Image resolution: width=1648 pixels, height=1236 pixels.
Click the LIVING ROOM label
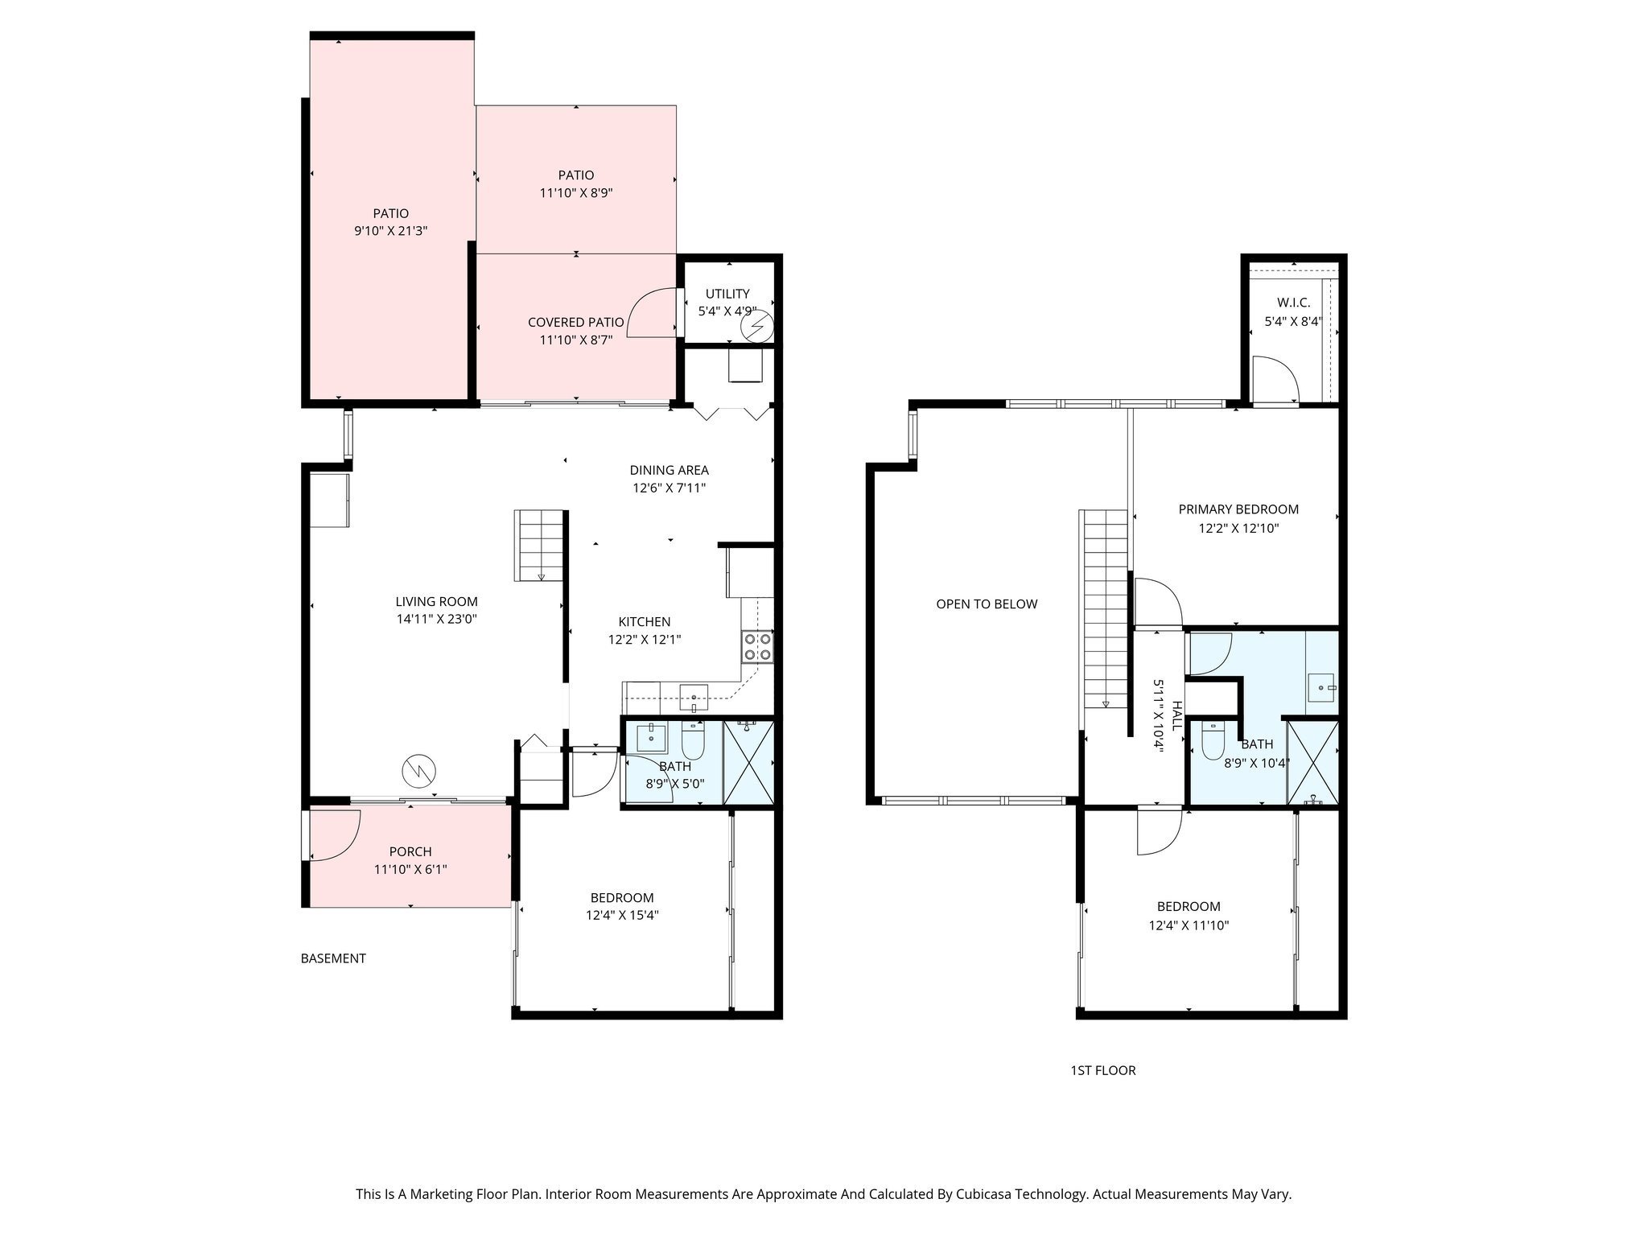coord(436,601)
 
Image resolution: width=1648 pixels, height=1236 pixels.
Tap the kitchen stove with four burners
coord(757,646)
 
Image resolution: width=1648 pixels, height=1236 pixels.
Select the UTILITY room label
coord(727,294)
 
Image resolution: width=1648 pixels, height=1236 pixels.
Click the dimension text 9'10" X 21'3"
coord(390,231)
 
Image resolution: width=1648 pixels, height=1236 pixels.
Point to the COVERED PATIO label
coord(575,322)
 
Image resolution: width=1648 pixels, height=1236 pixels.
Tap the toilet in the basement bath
coord(693,741)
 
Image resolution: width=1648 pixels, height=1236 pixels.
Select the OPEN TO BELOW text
coord(987,604)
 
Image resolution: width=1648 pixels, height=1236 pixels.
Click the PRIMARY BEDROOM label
coord(1238,509)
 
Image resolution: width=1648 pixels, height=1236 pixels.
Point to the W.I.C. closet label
coord(1293,303)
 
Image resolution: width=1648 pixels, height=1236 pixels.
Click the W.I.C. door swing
coord(1276,379)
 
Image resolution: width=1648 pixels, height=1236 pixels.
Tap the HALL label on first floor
coord(1177,715)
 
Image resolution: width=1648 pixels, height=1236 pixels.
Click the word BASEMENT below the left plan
coord(333,958)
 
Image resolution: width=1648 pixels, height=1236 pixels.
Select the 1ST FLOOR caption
coord(1102,1070)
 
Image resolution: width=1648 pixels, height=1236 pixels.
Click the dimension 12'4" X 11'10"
coord(1189,925)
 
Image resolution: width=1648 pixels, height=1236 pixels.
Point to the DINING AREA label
coord(669,470)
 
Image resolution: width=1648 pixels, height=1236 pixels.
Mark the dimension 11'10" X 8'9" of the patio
coord(576,193)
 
